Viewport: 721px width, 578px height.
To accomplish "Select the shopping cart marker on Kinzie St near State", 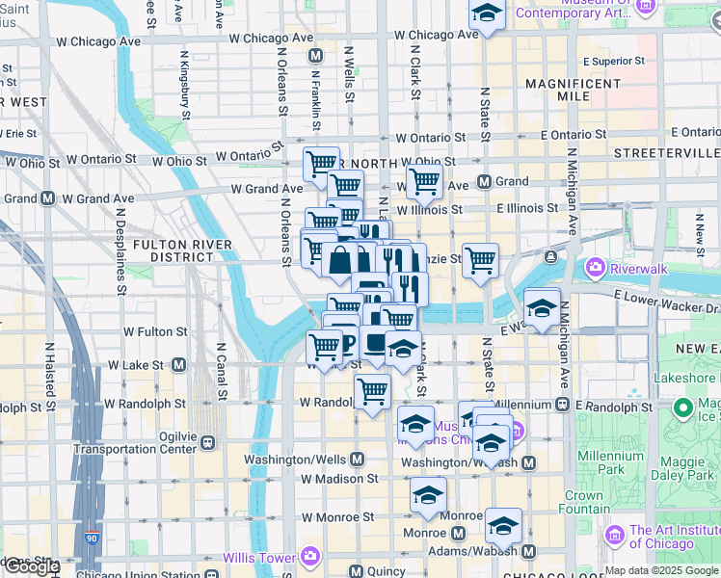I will (480, 258).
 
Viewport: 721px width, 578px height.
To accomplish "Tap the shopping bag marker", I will (340, 259).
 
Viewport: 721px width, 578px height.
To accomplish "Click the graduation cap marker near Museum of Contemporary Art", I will (488, 13).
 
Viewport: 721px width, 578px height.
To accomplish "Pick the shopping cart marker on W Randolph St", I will (372, 391).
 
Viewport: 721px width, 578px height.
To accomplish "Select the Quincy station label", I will (386, 571).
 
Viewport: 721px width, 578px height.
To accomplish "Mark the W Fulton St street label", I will (154, 331).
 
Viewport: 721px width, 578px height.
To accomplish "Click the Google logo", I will (32, 566).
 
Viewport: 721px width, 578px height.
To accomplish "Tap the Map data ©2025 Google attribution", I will (660, 570).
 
